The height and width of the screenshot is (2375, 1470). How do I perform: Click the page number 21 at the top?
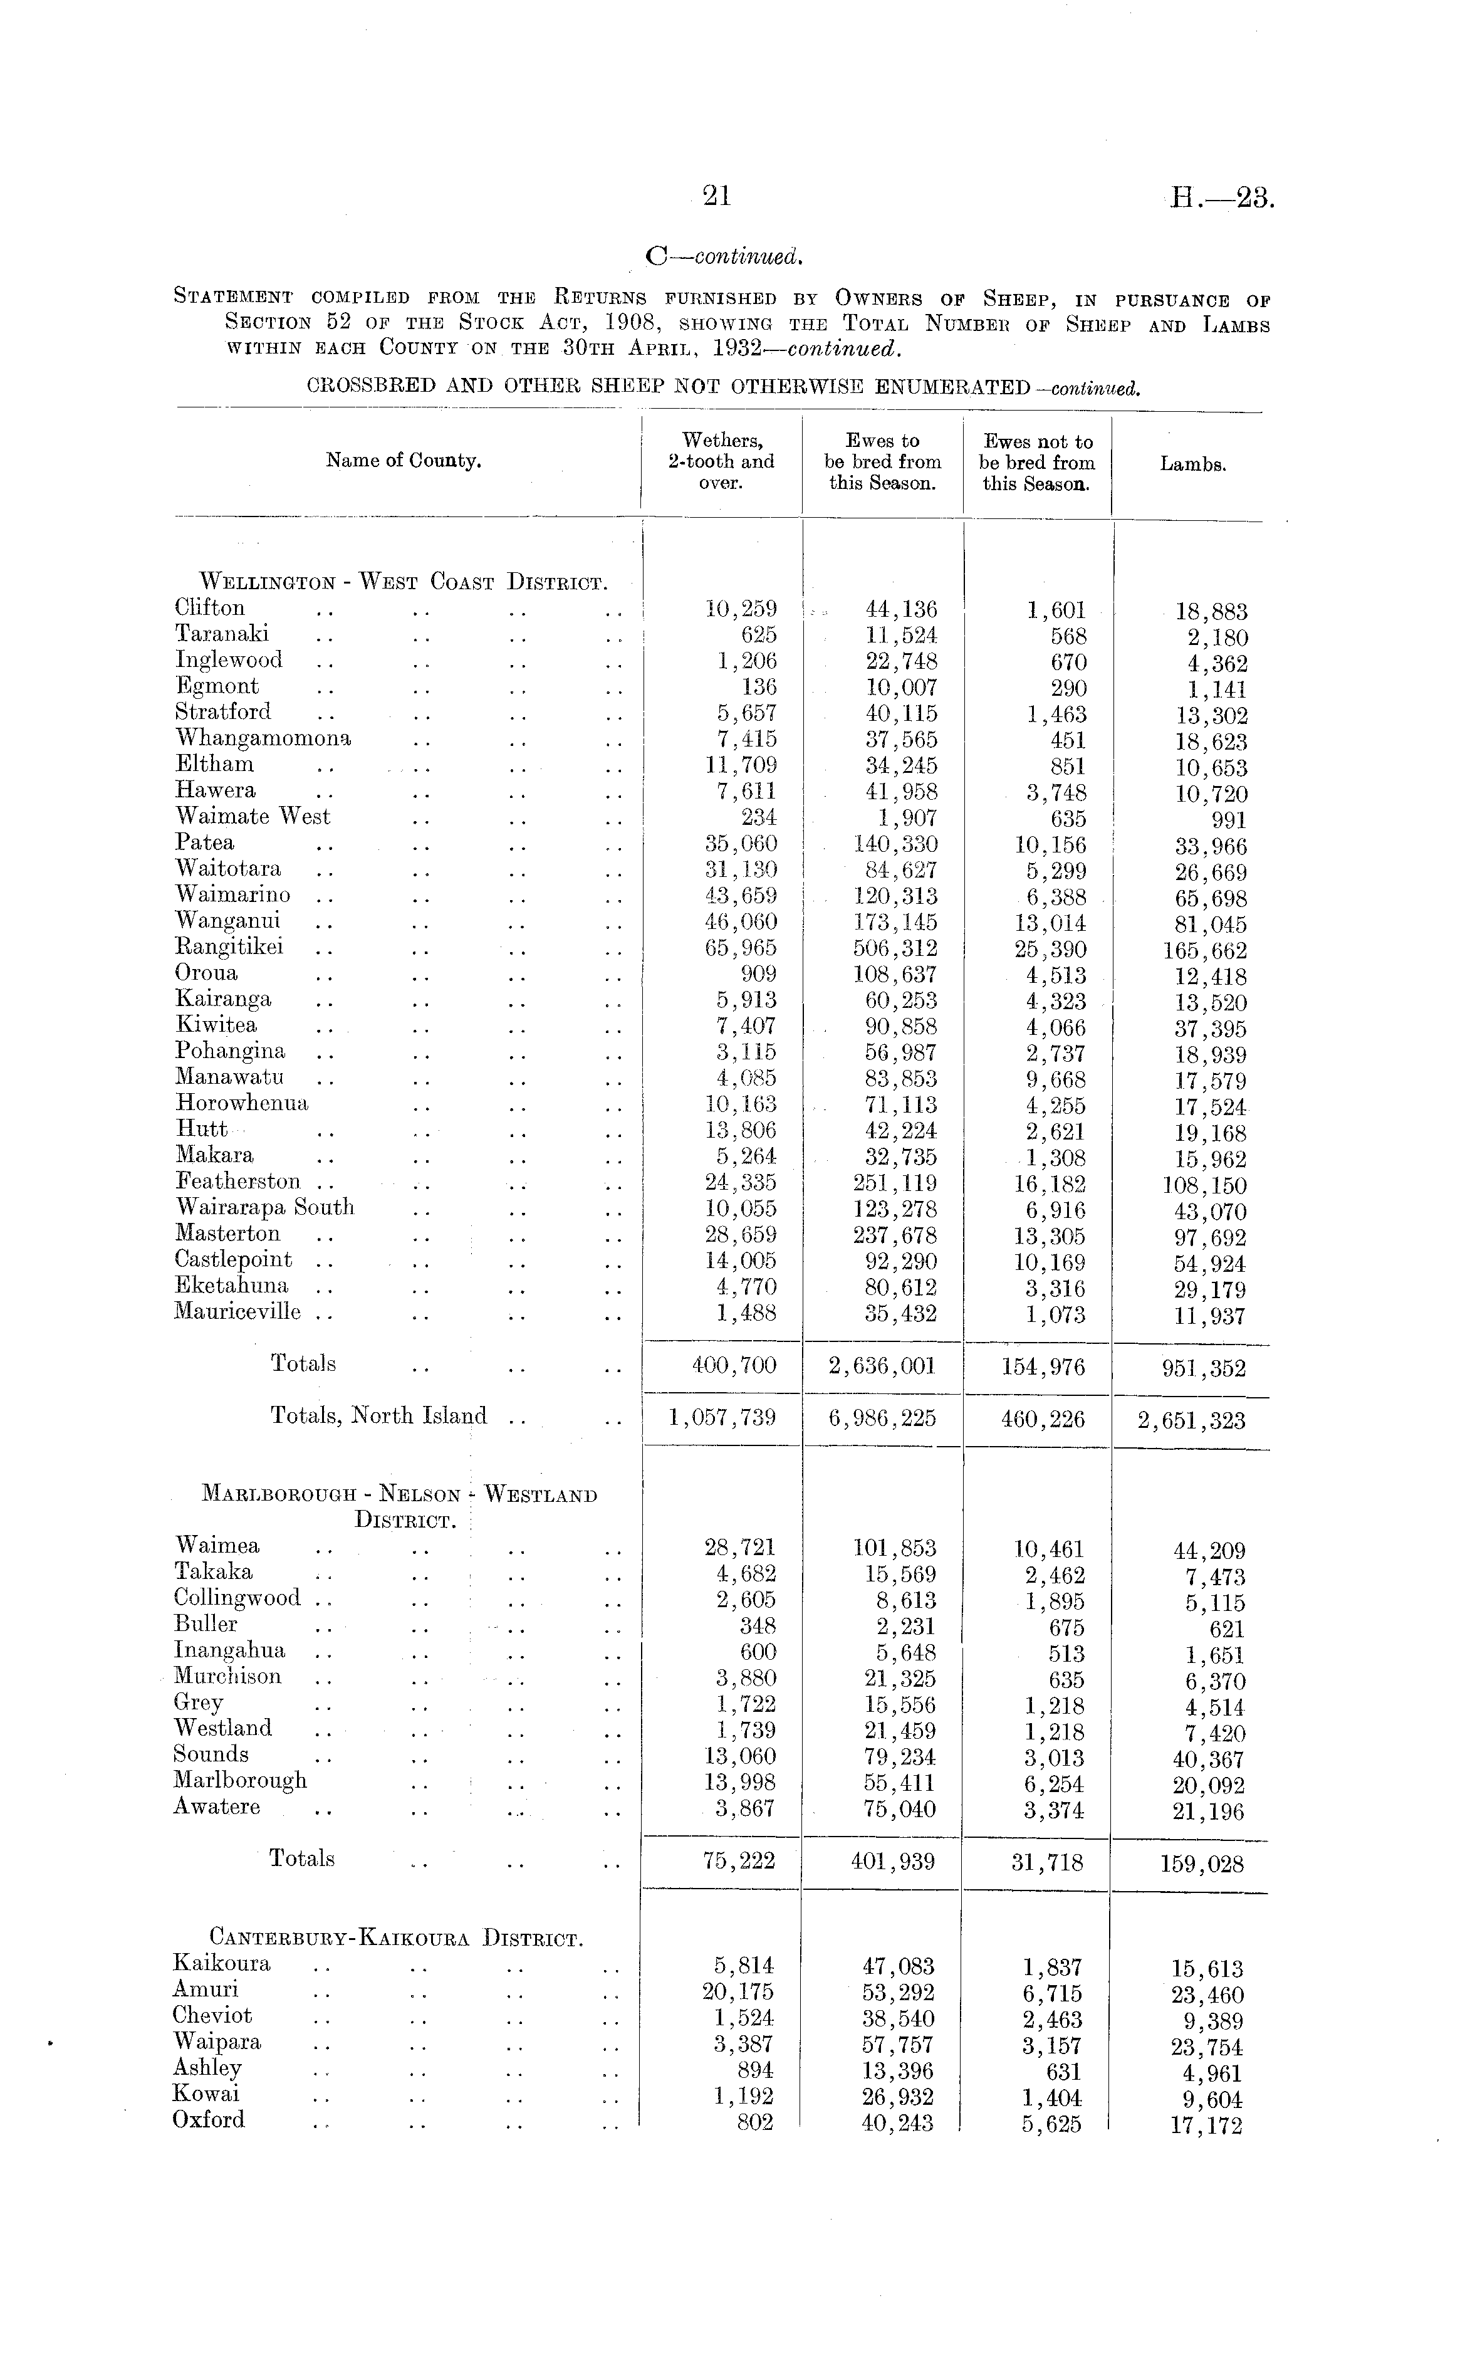717,196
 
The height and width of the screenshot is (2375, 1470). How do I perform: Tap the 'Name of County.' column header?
404,461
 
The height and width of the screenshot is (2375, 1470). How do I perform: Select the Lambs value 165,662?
1204,951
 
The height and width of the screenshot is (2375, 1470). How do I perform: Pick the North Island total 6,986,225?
883,1418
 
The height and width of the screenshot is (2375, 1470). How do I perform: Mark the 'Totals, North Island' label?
378,1415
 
